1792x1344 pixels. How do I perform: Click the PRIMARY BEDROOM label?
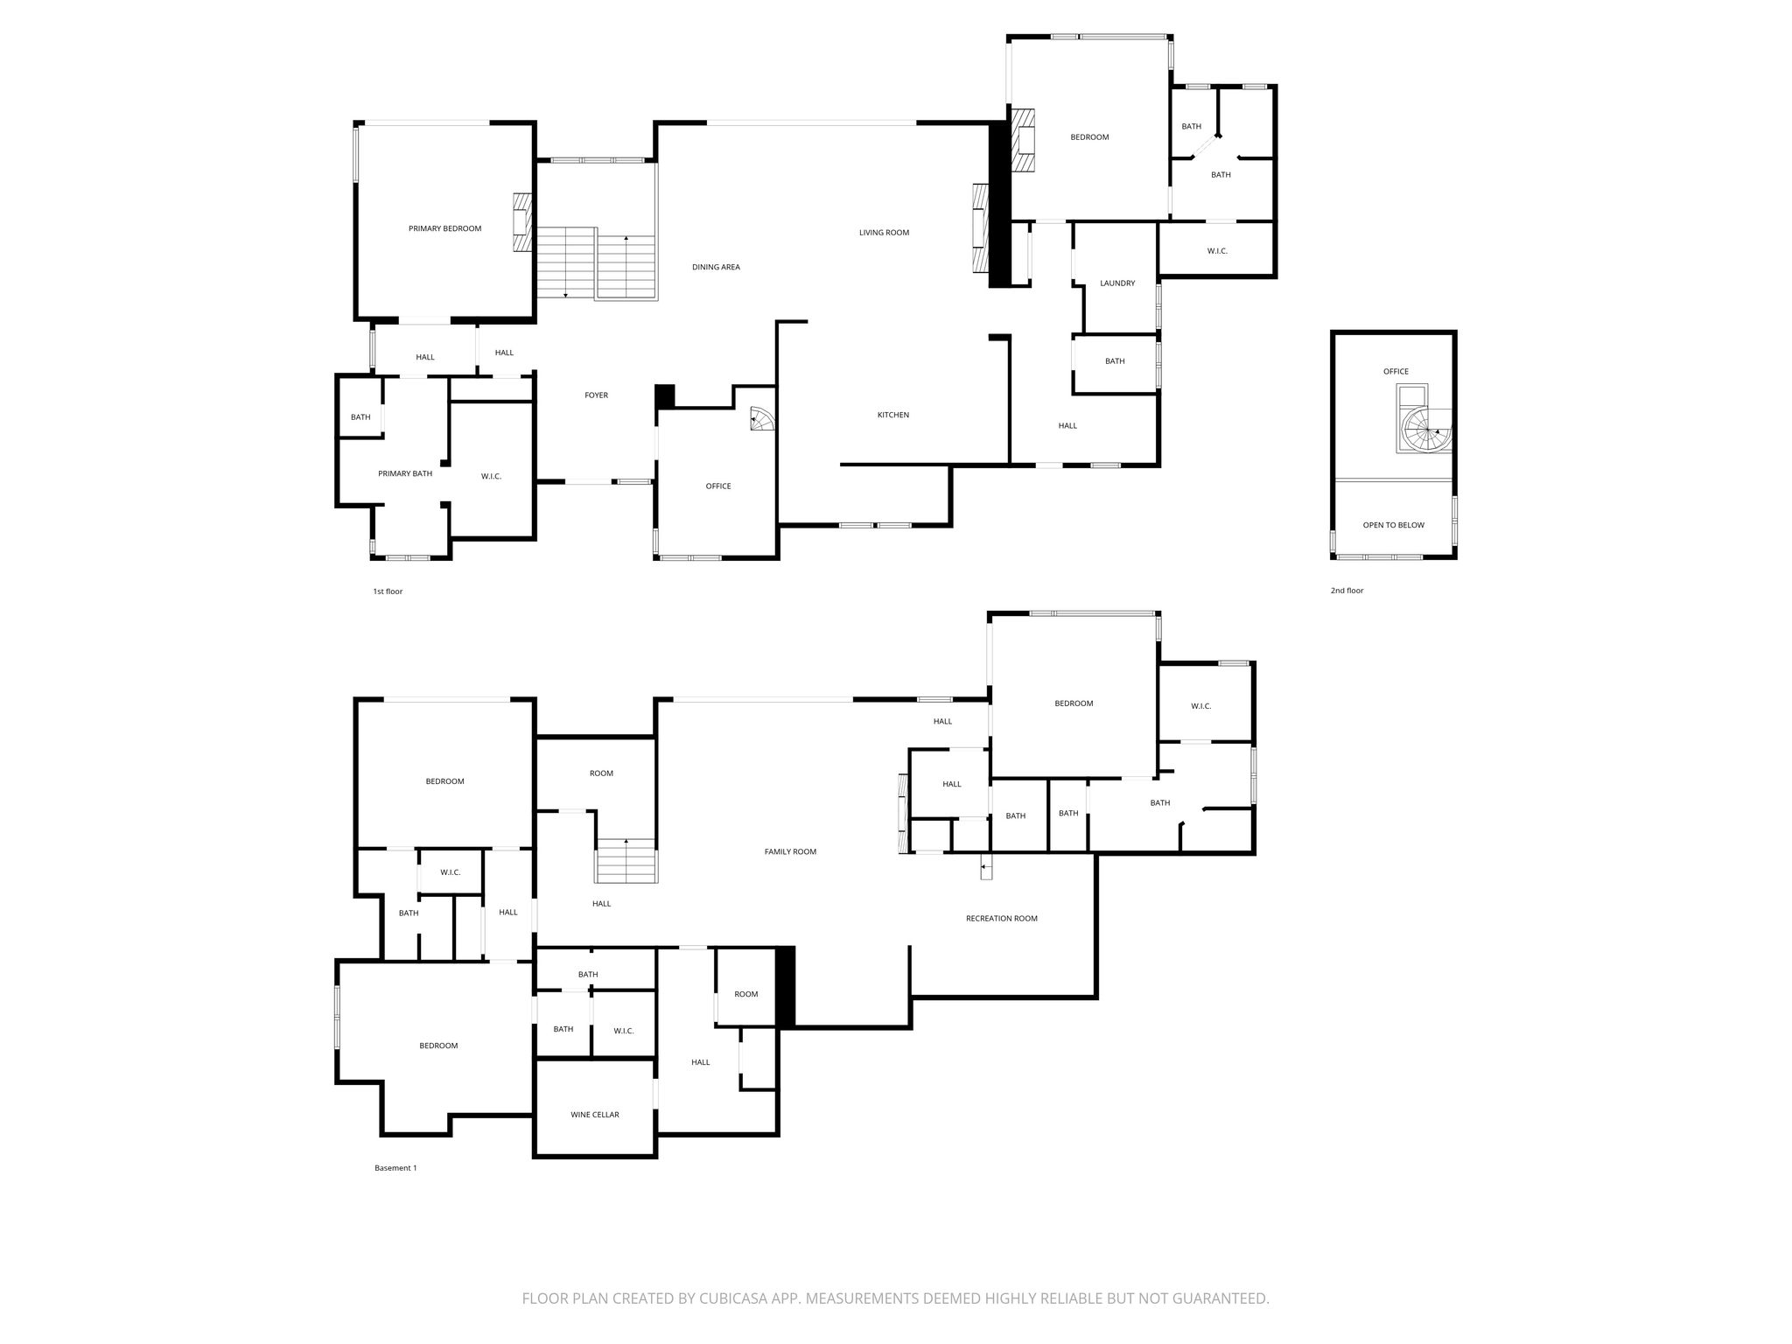(x=444, y=229)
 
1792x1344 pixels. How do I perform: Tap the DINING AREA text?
(x=716, y=268)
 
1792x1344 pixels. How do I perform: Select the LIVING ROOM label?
(x=884, y=233)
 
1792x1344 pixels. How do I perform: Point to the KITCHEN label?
(x=893, y=415)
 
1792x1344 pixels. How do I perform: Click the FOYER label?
(x=596, y=395)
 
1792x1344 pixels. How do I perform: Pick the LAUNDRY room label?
(x=1117, y=283)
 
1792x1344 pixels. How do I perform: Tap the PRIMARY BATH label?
(x=405, y=474)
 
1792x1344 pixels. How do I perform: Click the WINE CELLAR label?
(x=595, y=1115)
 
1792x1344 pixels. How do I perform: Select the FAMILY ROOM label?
(x=790, y=852)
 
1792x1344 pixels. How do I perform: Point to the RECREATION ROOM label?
(x=1002, y=919)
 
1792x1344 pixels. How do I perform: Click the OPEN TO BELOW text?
(x=1394, y=526)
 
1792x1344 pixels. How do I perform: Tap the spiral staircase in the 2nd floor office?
(x=1426, y=430)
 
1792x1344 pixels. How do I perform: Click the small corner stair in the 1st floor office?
(x=762, y=421)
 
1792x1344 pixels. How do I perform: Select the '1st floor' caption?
(x=388, y=591)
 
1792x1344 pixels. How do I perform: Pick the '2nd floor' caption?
(x=1347, y=591)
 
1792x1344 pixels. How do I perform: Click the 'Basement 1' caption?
(x=395, y=1168)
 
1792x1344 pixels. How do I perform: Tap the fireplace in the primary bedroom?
(x=522, y=223)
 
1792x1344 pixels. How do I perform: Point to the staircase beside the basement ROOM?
(x=626, y=861)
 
